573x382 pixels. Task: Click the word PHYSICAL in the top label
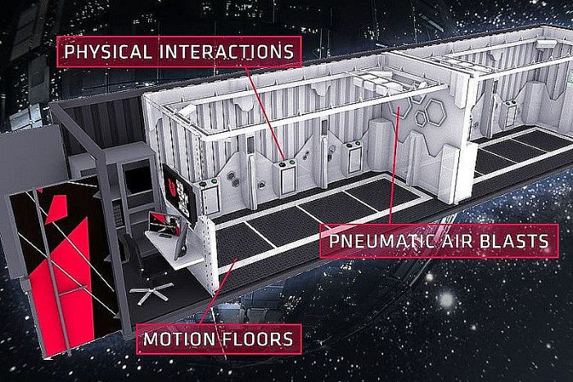(x=108, y=52)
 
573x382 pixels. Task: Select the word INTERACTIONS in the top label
(x=227, y=52)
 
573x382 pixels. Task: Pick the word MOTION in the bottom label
(x=178, y=339)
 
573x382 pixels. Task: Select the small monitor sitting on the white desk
(x=164, y=223)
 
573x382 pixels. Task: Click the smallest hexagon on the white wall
(x=421, y=118)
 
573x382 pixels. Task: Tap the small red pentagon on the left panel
(x=56, y=209)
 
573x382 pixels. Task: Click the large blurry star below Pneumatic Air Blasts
(x=446, y=299)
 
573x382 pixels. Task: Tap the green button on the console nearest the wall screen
(x=215, y=180)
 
